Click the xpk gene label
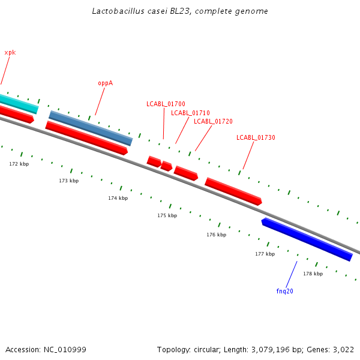pos(10,53)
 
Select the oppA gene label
pos(105,83)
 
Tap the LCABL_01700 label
pos(166,104)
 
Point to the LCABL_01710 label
pos(190,113)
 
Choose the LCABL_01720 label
pos(213,121)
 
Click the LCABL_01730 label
pos(256,138)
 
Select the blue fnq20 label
pos(284,291)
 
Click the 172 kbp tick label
pos(19,164)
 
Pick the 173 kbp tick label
pos(68,181)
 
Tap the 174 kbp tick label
pos(118,198)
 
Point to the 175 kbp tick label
pos(167,215)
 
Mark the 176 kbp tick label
pos(216,235)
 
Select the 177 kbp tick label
pos(265,254)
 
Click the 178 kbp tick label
pos(313,274)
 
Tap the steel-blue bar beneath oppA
pos(91,128)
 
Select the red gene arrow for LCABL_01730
pos(233,191)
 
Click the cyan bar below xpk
pos(18,103)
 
